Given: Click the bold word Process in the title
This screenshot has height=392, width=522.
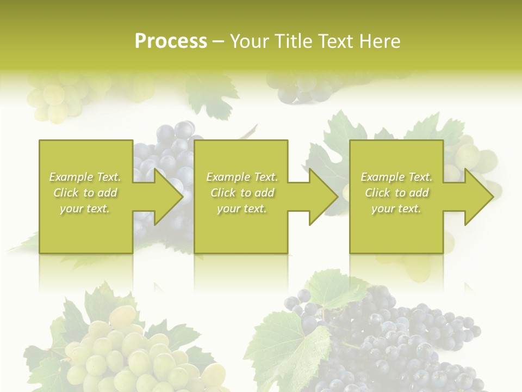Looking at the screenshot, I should click(x=171, y=41).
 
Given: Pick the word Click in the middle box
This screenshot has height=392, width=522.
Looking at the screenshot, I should click(x=223, y=193).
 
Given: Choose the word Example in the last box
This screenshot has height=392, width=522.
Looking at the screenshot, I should click(x=381, y=177).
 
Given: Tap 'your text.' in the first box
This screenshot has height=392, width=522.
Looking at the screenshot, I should click(x=85, y=209).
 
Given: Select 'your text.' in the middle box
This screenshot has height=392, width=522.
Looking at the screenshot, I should click(x=241, y=209).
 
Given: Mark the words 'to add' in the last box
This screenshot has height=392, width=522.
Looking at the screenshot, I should click(x=411, y=193).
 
